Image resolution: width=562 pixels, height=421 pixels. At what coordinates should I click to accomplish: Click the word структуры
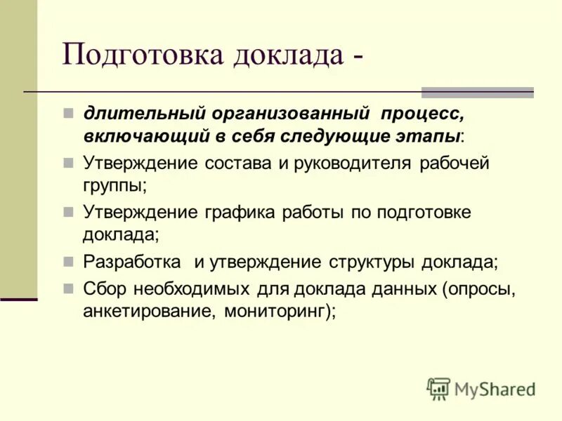tap(372, 262)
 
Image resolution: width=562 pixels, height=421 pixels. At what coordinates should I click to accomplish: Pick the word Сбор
tap(103, 290)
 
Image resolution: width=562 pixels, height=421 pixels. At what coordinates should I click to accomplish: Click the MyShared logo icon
tap(438, 388)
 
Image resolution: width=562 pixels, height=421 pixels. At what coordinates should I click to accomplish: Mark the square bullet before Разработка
tap(68, 261)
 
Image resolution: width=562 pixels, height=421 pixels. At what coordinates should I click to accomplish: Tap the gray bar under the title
tap(477, 92)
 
